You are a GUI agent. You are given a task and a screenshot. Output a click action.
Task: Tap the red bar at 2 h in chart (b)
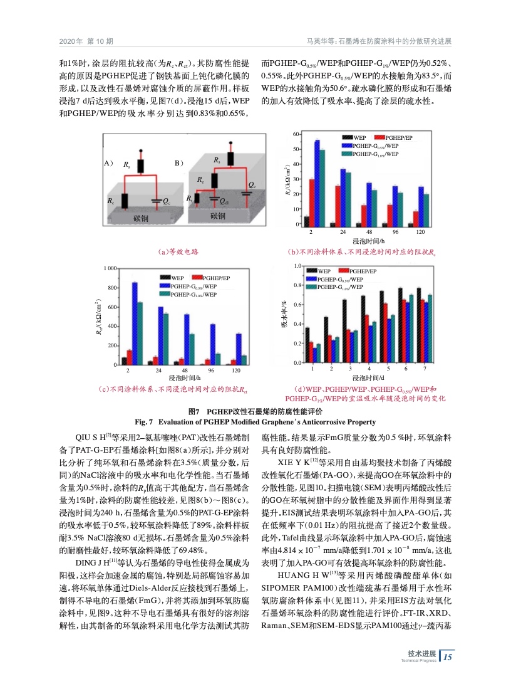click(311, 202)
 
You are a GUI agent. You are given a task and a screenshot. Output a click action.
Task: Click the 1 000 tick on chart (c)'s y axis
click(110, 269)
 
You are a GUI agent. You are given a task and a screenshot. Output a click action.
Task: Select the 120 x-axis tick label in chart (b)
click(421, 232)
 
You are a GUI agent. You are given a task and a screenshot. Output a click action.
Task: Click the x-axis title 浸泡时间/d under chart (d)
click(368, 377)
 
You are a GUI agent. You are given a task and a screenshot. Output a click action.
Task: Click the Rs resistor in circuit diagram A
click(142, 166)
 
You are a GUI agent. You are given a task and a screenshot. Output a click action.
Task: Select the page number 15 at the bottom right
click(452, 657)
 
